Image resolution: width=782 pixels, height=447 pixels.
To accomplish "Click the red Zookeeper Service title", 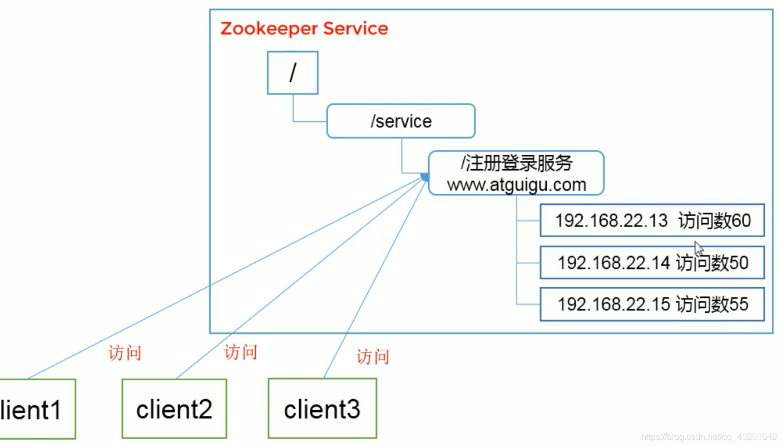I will point(304,28).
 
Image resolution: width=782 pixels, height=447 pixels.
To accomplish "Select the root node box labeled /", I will point(293,73).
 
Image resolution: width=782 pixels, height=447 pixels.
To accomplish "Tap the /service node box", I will point(400,121).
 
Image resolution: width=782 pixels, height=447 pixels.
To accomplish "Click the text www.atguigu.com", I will point(516,185).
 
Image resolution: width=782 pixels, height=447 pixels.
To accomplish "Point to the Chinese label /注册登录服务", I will point(516,164).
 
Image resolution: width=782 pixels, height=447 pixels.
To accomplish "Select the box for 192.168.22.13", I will point(652,220).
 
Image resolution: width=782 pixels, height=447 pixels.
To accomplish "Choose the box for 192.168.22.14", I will point(652,262).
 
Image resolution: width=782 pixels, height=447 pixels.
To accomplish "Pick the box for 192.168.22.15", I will point(652,304).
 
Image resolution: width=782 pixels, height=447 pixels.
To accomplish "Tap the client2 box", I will point(174,409).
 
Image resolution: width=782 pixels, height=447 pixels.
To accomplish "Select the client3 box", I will point(322,409).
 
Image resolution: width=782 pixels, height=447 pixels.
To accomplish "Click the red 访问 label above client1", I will point(125,353).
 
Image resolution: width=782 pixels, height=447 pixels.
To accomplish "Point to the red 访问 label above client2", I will point(240,352).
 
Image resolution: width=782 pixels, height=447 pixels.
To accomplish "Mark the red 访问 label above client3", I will point(372,356).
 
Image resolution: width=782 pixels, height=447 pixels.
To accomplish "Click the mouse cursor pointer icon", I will point(699,248).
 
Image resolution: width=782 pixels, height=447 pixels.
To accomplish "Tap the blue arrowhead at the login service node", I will point(425,177).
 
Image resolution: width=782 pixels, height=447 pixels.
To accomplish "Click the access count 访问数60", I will point(714,220).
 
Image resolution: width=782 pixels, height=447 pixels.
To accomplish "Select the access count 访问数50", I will point(712,262).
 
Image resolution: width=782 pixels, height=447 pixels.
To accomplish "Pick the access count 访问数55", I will point(712,304).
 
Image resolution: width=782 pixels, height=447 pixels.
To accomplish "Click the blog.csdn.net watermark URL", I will point(709,437).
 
